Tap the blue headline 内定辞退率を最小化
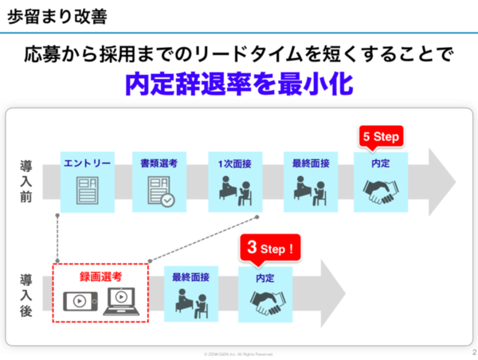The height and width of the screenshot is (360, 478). click(x=238, y=84)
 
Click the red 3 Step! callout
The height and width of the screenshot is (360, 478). click(x=270, y=248)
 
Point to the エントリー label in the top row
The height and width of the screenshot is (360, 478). click(x=87, y=163)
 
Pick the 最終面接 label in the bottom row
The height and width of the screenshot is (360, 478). click(x=191, y=278)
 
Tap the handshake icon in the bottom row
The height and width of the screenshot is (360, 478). click(x=265, y=300)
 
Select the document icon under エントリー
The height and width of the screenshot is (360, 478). click(x=87, y=192)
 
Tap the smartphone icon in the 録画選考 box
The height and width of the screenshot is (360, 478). click(x=79, y=300)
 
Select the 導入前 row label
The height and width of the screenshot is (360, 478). click(x=26, y=181)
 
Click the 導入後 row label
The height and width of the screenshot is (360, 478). click(x=26, y=294)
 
